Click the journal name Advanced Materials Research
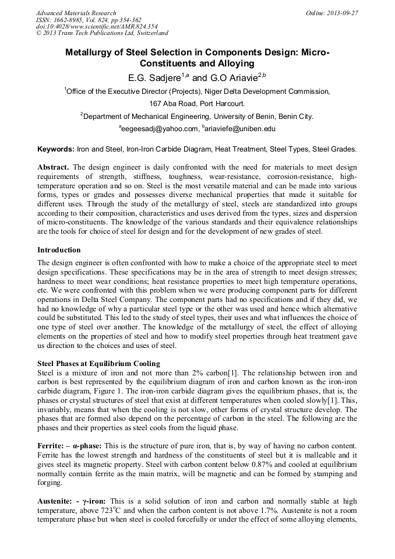click(x=76, y=13)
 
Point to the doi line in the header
click(x=89, y=27)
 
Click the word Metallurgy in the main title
click(x=91, y=52)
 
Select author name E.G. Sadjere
click(x=154, y=78)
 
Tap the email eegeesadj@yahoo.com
click(x=158, y=129)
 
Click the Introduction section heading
click(x=59, y=249)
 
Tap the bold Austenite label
click(x=54, y=501)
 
